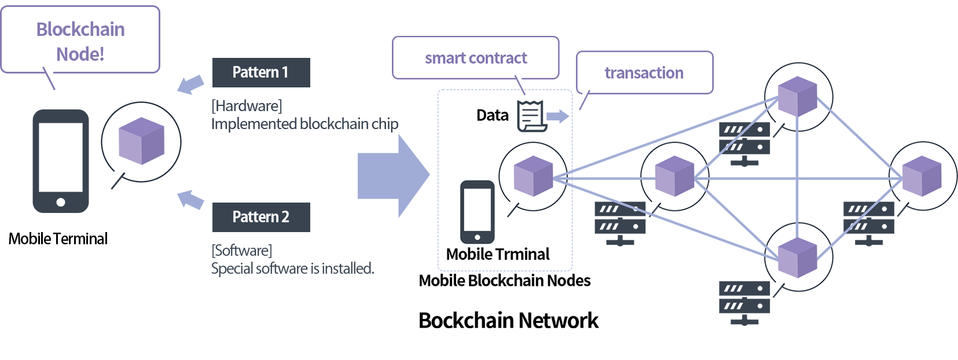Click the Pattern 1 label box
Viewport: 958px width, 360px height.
[x=261, y=72]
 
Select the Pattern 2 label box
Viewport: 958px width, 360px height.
[x=261, y=217]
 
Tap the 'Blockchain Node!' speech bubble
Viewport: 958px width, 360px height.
[x=80, y=41]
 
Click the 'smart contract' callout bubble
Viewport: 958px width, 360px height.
[x=475, y=58]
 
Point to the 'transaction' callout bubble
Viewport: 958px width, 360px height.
[x=644, y=73]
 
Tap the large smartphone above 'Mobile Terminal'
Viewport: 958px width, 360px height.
[x=61, y=161]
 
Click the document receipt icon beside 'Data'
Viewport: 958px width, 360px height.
[x=531, y=115]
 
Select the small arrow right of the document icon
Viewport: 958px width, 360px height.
[x=557, y=116]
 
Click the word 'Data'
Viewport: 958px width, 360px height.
[x=492, y=115]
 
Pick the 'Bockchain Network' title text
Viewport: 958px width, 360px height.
[x=508, y=320]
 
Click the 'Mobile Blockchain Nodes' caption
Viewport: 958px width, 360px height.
[x=505, y=281]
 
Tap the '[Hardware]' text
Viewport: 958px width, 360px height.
[x=247, y=106]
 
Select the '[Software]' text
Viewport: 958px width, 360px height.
[x=242, y=251]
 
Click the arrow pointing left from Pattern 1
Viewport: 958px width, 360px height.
[x=190, y=84]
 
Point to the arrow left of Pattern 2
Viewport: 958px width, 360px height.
[x=190, y=199]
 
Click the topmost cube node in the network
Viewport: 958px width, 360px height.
[x=798, y=96]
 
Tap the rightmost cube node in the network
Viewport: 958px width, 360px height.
[x=922, y=176]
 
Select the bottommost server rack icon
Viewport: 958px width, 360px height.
[x=744, y=303]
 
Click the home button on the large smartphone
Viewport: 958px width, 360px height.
[x=61, y=202]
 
